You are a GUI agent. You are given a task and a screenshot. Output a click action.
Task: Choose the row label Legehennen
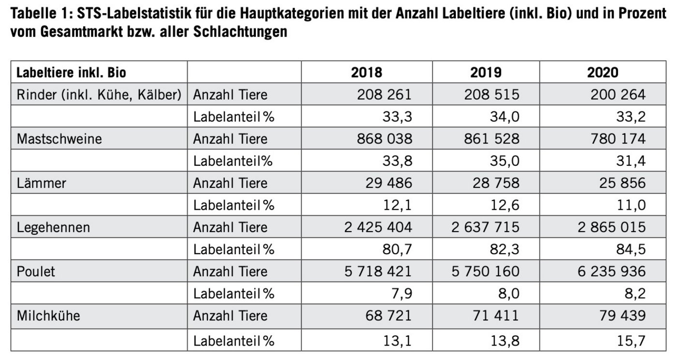coord(53,227)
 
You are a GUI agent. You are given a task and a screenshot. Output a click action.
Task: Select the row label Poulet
coord(36,272)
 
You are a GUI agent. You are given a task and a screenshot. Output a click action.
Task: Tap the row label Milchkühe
coord(48,316)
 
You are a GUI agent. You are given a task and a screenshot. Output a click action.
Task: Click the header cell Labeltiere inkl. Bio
coord(71,72)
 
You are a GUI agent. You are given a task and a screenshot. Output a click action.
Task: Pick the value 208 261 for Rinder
coord(385,95)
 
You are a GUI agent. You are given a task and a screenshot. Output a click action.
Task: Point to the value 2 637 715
coord(486,227)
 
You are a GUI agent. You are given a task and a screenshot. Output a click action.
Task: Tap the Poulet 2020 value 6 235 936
coord(612,272)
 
